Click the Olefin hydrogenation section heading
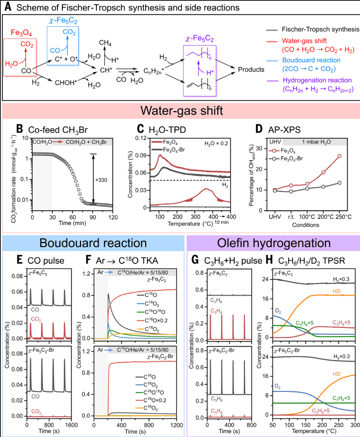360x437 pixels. point(273,243)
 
